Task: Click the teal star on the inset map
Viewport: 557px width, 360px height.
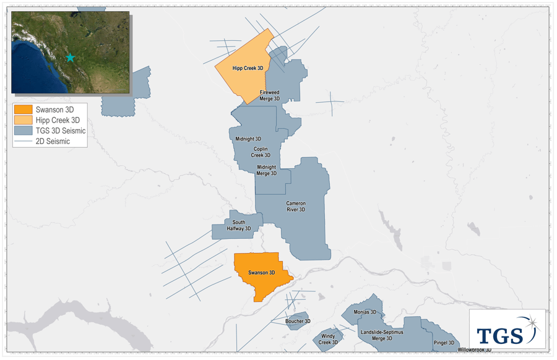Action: pos(70,58)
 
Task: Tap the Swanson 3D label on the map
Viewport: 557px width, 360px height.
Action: pos(261,273)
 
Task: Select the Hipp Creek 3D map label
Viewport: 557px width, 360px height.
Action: pos(248,69)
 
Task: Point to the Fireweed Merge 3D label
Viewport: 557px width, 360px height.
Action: pos(270,95)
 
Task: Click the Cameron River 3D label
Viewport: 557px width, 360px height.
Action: pos(296,206)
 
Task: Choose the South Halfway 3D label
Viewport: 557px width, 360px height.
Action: pos(239,225)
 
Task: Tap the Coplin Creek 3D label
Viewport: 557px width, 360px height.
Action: pos(261,152)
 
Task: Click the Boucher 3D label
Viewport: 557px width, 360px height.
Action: pos(298,321)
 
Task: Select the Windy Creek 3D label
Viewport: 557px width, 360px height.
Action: pos(328,339)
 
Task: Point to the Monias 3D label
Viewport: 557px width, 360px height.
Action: pos(361,312)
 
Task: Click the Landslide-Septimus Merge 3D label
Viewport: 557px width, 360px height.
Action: pos(381,335)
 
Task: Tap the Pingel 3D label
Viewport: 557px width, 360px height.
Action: pos(444,343)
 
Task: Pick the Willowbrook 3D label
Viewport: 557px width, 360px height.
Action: pos(475,350)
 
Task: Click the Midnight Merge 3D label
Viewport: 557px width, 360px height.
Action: pos(267,170)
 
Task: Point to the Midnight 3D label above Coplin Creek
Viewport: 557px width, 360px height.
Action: pos(248,139)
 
